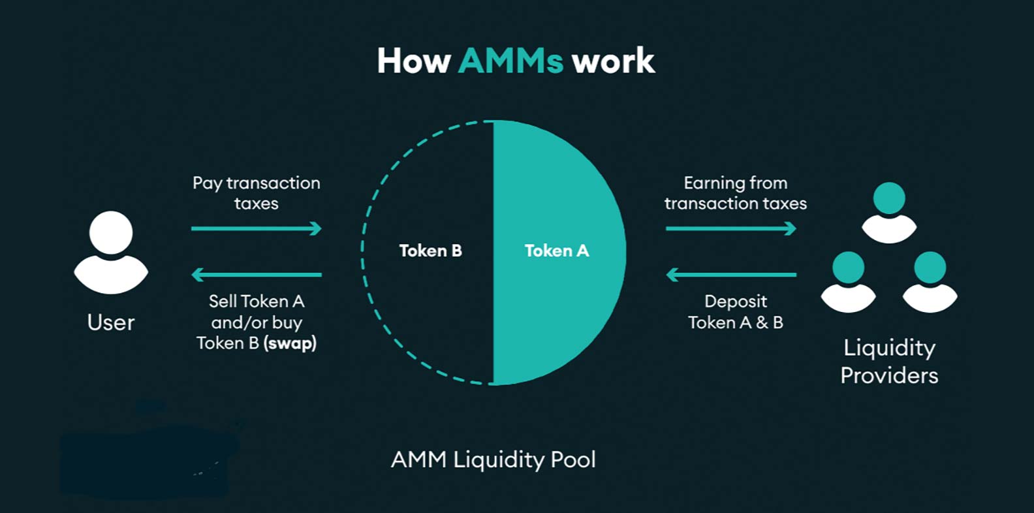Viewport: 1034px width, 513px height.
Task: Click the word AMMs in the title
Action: [x=510, y=61]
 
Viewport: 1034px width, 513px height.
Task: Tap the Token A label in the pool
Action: [x=556, y=251]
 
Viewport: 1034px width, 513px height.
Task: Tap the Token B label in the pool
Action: [x=430, y=251]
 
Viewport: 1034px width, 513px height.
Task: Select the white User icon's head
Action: [x=111, y=232]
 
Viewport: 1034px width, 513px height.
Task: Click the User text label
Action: [x=111, y=322]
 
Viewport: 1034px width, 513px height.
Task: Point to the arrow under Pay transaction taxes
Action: [x=256, y=228]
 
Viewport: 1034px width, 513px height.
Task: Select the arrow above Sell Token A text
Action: [x=256, y=275]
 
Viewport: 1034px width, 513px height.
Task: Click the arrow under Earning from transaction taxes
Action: [x=730, y=228]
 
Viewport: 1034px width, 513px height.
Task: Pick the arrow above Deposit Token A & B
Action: [x=730, y=275]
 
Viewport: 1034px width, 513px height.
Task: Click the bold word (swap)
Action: [x=290, y=343]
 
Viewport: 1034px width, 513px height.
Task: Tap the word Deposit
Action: [x=736, y=302]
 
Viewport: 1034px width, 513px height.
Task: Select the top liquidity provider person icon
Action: [x=889, y=212]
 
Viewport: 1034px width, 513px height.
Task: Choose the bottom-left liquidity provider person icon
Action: [x=848, y=281]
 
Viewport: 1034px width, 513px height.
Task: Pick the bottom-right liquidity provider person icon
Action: [x=930, y=281]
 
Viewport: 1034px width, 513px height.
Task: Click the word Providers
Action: [x=889, y=375]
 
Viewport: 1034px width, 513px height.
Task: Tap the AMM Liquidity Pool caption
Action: [x=493, y=459]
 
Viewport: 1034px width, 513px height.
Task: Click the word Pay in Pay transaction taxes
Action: [x=207, y=183]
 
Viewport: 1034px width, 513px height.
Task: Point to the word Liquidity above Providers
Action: [x=889, y=347]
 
